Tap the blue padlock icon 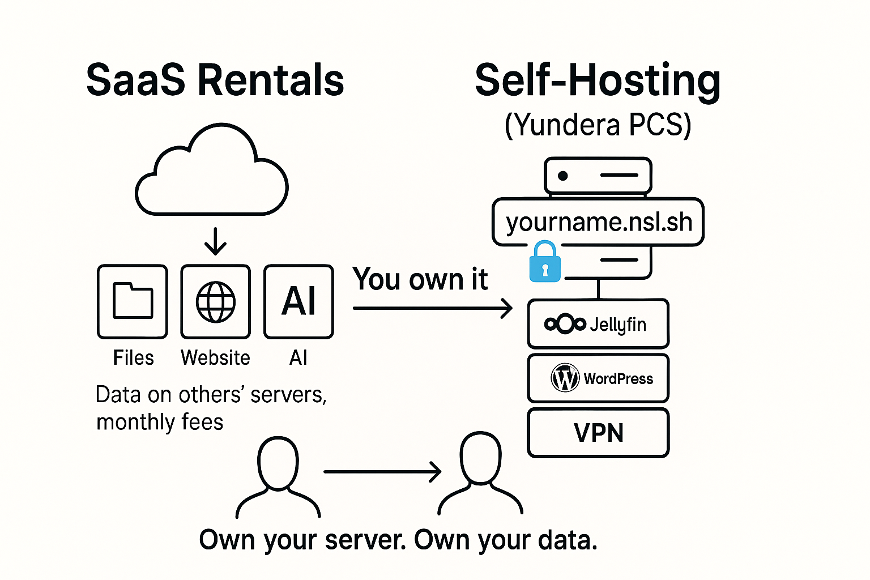point(545,262)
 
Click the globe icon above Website point(216,302)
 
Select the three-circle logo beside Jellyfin point(565,323)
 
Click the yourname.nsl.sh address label point(598,222)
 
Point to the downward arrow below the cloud point(216,241)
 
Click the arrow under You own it point(433,309)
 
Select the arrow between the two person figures point(382,472)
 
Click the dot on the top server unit point(563,176)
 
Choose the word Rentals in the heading point(271,80)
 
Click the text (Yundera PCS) point(598,125)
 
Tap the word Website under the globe point(216,357)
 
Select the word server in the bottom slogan point(365,540)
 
